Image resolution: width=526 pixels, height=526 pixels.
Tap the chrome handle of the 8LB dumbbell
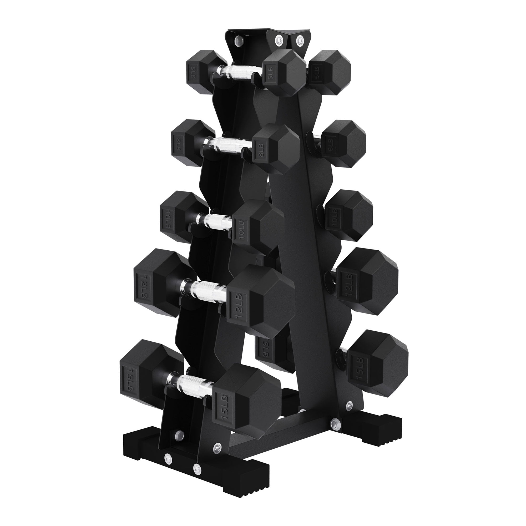point(228,144)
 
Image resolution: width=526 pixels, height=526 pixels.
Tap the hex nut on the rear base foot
point(334,431)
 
